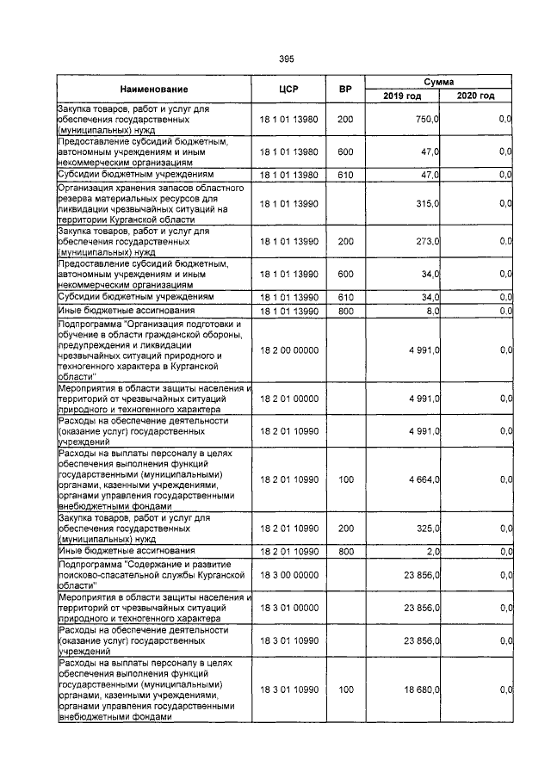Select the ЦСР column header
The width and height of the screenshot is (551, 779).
[288, 90]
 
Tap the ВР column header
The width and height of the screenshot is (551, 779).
[345, 90]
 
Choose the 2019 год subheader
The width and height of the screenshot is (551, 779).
[402, 96]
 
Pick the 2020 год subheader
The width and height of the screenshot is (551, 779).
[476, 96]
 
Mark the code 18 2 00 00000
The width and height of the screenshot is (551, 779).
[288, 350]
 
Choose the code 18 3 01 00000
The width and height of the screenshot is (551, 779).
[288, 608]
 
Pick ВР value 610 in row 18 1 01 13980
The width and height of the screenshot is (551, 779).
[345, 174]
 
